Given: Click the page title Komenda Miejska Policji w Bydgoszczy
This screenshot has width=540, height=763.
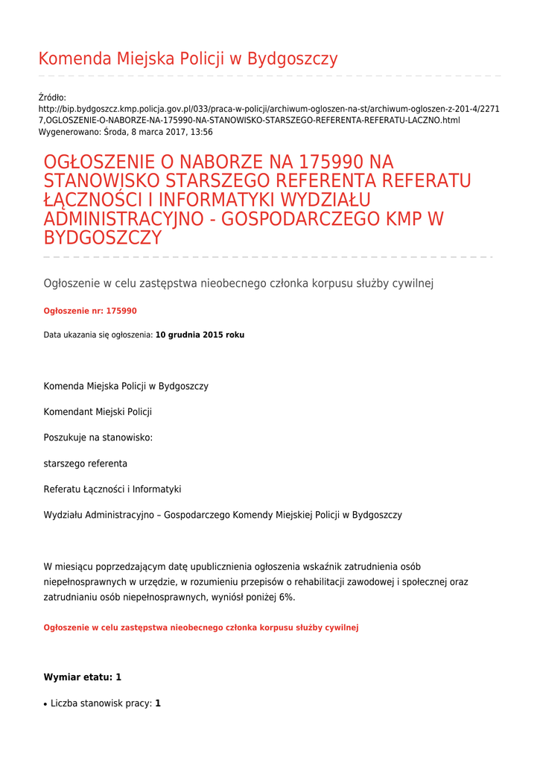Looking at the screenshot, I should [x=188, y=60].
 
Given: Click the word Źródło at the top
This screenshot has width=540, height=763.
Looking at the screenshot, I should [x=52, y=98].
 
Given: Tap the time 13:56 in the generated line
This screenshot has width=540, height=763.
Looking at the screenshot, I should [x=201, y=132].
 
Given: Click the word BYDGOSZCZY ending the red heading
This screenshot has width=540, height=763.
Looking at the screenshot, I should [x=103, y=238].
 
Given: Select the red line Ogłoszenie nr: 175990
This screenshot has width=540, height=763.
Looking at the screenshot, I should [x=90, y=311].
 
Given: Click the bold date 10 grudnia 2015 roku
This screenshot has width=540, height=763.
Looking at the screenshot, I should [x=200, y=335].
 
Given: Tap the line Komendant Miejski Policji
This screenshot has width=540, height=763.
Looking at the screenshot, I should [x=98, y=412].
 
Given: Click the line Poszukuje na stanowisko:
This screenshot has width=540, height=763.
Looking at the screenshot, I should [x=98, y=437].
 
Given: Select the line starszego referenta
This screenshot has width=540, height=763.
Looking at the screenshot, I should [x=85, y=463].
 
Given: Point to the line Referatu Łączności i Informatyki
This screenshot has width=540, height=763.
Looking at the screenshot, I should [x=112, y=490].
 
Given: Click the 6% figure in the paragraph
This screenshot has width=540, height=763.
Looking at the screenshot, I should [x=287, y=597].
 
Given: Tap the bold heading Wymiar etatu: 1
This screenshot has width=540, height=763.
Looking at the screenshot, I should [x=82, y=677].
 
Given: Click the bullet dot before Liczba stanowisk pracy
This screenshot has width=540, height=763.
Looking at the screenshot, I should [x=46, y=704].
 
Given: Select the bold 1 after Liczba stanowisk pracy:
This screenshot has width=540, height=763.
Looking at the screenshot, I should [x=158, y=703].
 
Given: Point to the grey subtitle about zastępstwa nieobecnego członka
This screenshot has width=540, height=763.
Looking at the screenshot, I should [x=238, y=283].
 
